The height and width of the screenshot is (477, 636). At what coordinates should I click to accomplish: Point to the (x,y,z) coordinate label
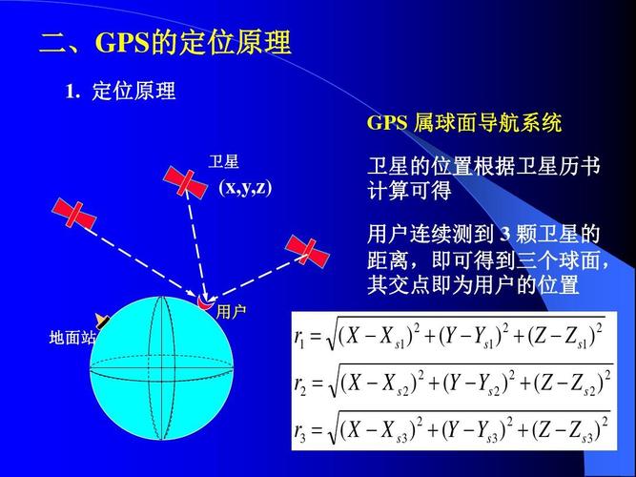click(245, 187)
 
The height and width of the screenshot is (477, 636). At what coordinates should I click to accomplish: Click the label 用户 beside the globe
click(231, 312)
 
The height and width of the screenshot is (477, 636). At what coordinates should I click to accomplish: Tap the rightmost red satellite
click(307, 251)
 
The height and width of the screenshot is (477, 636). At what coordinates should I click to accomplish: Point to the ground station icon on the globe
click(102, 322)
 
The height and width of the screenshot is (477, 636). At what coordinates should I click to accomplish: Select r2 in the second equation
click(302, 384)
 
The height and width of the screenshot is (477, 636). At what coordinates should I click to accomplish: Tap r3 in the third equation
click(302, 432)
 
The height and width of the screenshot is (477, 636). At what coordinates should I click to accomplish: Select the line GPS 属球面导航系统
click(464, 123)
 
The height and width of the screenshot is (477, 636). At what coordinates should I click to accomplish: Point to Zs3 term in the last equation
click(575, 433)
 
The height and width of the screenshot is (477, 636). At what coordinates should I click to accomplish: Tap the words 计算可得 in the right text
click(409, 192)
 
